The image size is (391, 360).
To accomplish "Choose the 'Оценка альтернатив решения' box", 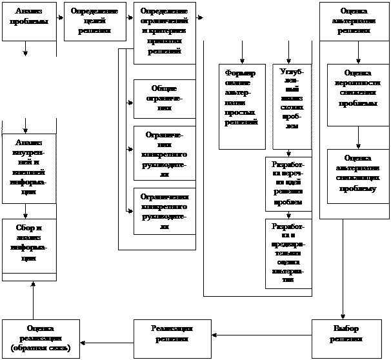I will [x=354, y=21].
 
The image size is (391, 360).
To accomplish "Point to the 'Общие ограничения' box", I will [x=164, y=99].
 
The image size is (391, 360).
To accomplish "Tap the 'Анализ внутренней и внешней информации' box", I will [x=29, y=166].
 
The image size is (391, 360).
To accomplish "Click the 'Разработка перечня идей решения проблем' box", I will [x=288, y=184].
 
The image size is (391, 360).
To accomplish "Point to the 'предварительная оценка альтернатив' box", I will [x=288, y=254].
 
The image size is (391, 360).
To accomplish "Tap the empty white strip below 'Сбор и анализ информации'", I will [x=29, y=277].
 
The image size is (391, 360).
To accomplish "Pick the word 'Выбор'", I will [x=346, y=329].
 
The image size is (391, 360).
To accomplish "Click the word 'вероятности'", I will [x=358, y=84].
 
